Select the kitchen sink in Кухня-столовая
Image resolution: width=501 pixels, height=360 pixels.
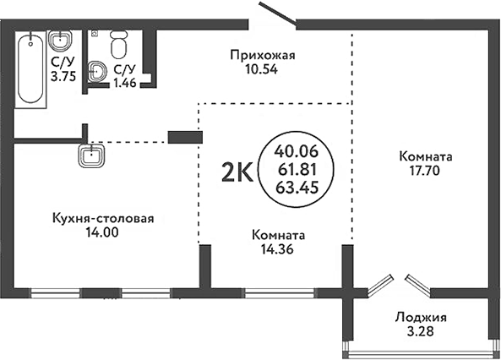tap(90, 156)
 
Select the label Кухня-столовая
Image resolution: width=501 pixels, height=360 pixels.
tap(102, 220)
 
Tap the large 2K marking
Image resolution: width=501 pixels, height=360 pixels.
tap(236, 173)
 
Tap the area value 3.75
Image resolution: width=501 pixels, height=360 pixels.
tap(62, 74)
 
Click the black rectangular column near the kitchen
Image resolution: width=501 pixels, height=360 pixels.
tap(185, 137)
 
